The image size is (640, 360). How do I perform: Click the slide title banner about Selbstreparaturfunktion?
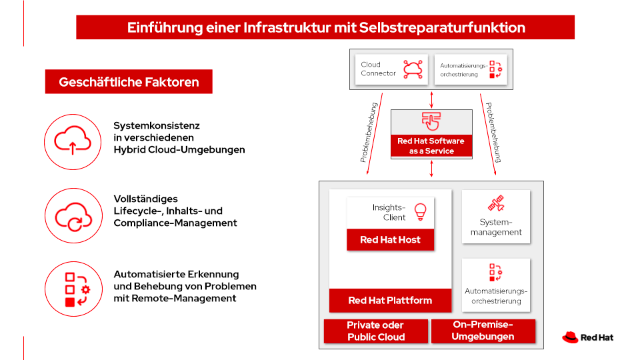[325, 27]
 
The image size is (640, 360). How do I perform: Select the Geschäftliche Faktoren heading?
[129, 82]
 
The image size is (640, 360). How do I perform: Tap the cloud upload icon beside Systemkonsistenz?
[72, 141]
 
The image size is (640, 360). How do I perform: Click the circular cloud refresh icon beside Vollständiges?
[72, 215]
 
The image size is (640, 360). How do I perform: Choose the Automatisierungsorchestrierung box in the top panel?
[471, 69]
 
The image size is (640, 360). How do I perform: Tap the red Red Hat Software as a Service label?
[431, 146]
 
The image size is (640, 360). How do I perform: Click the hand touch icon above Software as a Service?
[431, 122]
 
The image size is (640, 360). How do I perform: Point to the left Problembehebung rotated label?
[369, 133]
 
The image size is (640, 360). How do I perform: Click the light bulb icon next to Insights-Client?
[420, 211]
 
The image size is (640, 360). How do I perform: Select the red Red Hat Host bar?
[390, 240]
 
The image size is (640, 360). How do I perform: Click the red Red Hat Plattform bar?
[390, 300]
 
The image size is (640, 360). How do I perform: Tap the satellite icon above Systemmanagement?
[496, 204]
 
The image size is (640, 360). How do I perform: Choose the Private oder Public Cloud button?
[376, 331]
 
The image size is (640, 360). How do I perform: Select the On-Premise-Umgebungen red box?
[483, 331]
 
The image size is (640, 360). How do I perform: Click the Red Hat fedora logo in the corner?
[570, 337]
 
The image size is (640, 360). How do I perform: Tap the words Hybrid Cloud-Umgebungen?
[179, 149]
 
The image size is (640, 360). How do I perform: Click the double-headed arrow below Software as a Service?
[432, 169]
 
